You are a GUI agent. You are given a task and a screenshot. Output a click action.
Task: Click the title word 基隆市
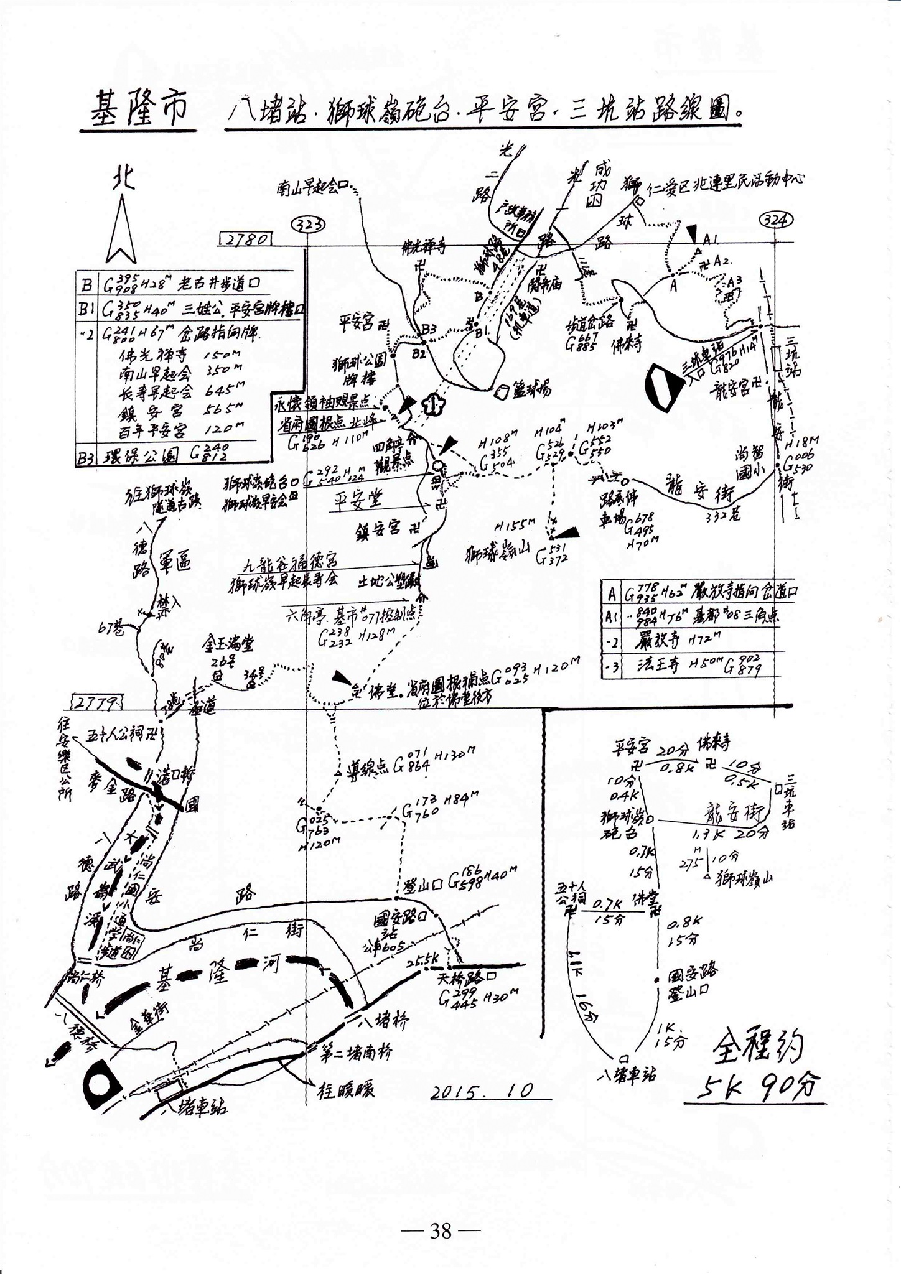[138, 108]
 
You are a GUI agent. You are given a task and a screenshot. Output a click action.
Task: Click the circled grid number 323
[309, 223]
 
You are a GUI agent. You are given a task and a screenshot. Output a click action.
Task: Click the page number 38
[441, 1230]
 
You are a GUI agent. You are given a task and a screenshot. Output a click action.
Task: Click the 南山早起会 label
[307, 187]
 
